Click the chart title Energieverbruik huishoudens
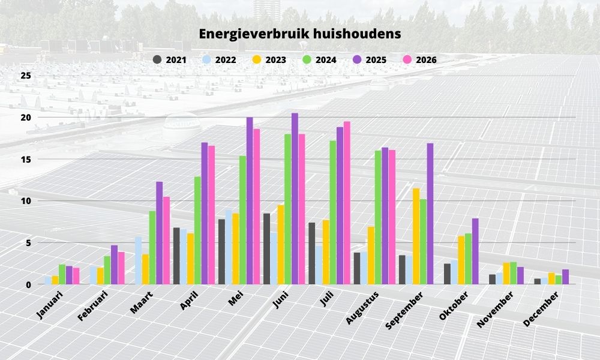click(299, 34)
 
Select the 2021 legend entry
click(170, 59)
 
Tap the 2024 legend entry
click(319, 59)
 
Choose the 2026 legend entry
click(420, 59)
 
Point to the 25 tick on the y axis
click(26, 76)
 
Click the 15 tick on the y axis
click(26, 159)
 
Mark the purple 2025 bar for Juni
click(295, 199)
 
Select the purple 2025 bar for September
click(430, 214)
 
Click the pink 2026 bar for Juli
click(347, 203)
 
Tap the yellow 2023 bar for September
click(416, 236)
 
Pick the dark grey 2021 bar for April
click(176, 256)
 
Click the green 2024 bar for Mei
click(242, 220)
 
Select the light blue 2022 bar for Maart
click(139, 260)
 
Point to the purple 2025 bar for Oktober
click(475, 251)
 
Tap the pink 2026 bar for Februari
click(121, 268)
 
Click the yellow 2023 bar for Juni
click(281, 244)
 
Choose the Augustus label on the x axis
click(362, 308)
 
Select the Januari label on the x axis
click(49, 304)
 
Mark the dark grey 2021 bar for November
click(493, 279)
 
